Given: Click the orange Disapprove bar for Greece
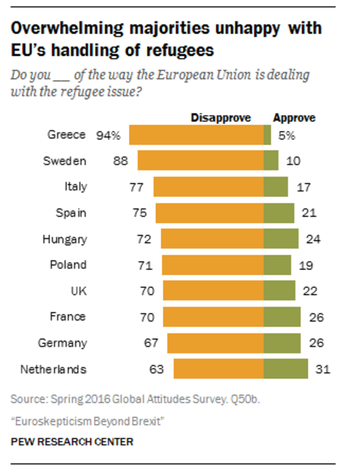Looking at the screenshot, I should (196, 135).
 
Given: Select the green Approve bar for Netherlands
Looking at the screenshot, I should (285, 369).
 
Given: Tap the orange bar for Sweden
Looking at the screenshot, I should (200, 161).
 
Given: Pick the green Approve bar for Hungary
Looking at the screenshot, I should (281, 239).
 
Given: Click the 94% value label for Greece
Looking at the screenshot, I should (108, 135).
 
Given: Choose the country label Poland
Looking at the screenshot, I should (68, 265).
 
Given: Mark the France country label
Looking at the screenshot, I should (68, 317).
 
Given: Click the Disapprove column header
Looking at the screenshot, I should (220, 118).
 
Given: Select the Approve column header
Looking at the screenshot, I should (294, 118).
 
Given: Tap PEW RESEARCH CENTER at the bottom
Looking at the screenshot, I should (71, 442).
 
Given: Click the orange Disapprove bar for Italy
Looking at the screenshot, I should (208, 187).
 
